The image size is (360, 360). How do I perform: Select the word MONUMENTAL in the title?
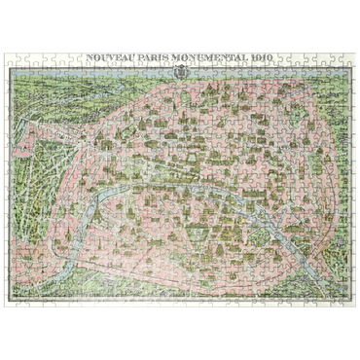click(x=203, y=57)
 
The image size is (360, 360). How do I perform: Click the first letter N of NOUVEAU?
click(x=90, y=57)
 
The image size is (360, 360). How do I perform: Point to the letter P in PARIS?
click(x=137, y=57)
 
